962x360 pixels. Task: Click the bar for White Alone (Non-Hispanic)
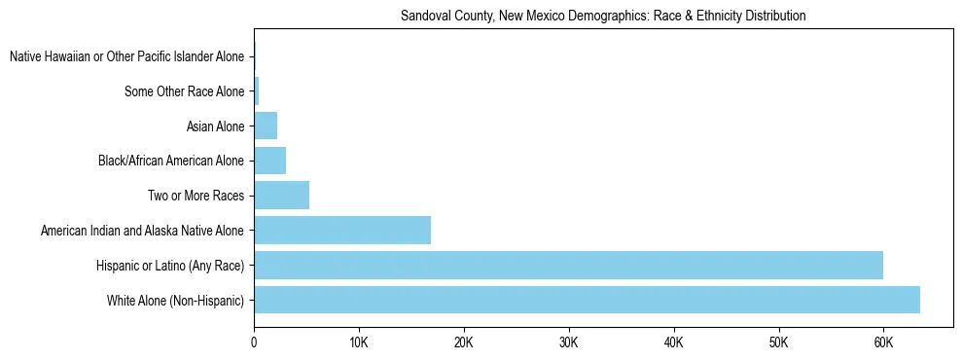587,300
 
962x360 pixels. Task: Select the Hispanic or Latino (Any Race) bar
568,265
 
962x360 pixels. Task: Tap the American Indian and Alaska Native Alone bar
342,231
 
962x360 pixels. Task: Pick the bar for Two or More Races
281,196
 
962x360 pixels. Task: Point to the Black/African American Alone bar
269,161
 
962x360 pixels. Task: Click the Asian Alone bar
266,126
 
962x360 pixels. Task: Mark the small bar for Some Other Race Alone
256,91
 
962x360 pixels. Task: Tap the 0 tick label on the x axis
254,342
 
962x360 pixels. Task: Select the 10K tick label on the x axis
359,342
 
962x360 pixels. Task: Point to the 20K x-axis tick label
464,342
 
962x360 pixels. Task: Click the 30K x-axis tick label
569,342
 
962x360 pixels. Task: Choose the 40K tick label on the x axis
674,342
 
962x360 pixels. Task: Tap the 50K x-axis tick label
778,342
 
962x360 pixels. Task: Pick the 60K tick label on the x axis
883,342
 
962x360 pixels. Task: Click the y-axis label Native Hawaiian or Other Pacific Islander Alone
127,57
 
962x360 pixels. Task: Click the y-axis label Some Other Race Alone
185,91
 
